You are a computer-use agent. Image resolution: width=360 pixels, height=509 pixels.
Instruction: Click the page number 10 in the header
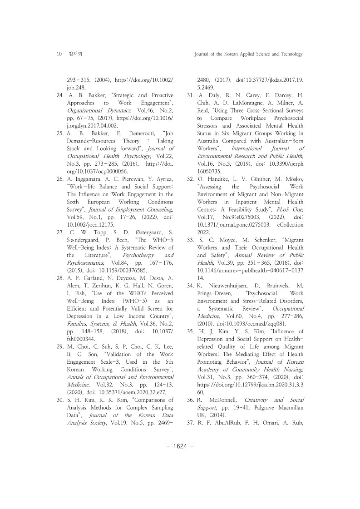coord(59,54)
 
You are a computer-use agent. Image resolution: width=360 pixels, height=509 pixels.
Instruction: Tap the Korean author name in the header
coord(73,54)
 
